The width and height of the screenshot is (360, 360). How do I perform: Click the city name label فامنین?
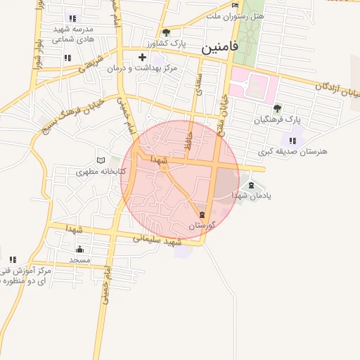[x=219, y=48]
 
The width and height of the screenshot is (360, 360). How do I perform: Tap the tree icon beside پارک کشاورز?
[x=166, y=32]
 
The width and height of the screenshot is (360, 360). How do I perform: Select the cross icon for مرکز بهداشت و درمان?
[x=143, y=57]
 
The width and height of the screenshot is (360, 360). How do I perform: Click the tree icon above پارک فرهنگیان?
[x=277, y=108]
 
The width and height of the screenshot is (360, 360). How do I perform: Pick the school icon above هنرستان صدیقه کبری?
[x=292, y=141]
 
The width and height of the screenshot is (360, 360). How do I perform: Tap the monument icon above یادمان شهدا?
[x=252, y=185]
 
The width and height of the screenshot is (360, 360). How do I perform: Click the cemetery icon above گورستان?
[x=202, y=214]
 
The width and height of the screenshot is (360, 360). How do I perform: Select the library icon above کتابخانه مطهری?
[x=101, y=160]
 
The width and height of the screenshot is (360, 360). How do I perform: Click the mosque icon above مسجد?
[x=79, y=249]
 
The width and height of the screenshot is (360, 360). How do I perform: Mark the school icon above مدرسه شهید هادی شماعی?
[x=72, y=18]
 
